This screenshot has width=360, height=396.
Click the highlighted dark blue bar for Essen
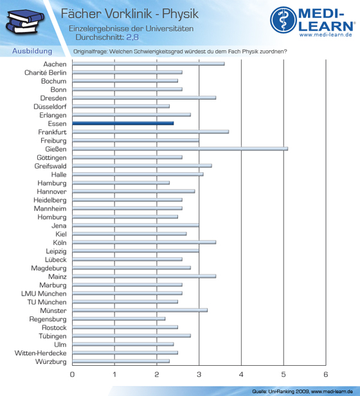pyautogui.click(x=123, y=123)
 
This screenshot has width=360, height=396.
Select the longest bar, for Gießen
pyautogui.click(x=180, y=148)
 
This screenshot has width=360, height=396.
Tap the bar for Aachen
pyautogui.click(x=148, y=64)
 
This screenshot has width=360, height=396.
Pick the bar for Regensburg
pyautogui.click(x=119, y=319)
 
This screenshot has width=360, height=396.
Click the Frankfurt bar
pyautogui.click(x=150, y=132)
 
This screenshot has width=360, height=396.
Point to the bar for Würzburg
pyautogui.click(x=121, y=361)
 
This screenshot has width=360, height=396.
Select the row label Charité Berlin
pyautogui.click(x=46, y=73)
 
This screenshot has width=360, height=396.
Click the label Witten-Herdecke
pyautogui.click(x=40, y=353)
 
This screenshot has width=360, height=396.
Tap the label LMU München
pyautogui.click(x=44, y=294)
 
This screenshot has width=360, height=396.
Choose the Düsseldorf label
pyautogui.click(x=50, y=107)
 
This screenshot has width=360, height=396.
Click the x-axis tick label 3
pyautogui.click(x=199, y=374)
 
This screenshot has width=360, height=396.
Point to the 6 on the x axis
pyautogui.click(x=326, y=374)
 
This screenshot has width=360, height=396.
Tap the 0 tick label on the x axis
pyautogui.click(x=72, y=374)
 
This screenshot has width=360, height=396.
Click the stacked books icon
pyautogui.click(x=25, y=22)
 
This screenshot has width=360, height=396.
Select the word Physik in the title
pyautogui.click(x=180, y=14)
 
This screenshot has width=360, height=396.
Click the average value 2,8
pyautogui.click(x=132, y=37)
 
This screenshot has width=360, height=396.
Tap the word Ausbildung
pyautogui.click(x=32, y=51)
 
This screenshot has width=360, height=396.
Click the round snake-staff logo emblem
pyautogui.click(x=283, y=20)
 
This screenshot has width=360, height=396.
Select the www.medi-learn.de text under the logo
pyautogui.click(x=326, y=35)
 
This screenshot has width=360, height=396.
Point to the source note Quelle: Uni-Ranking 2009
pyautogui.click(x=281, y=392)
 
